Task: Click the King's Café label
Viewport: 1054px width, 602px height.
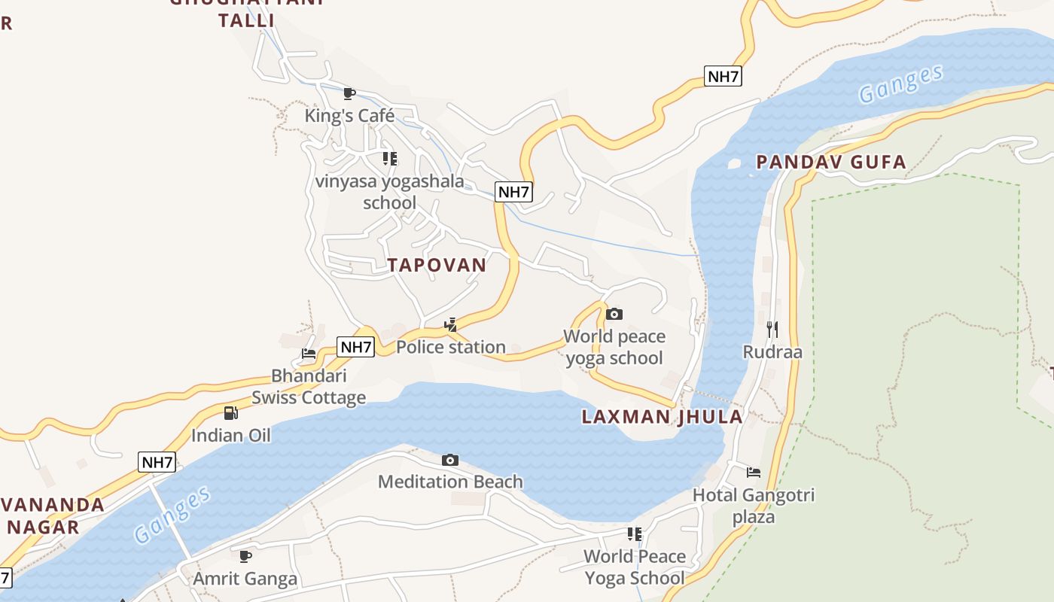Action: coord(349,115)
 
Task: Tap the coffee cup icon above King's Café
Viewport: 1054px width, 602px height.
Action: coord(349,93)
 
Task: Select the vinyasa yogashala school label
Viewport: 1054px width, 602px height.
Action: coord(389,192)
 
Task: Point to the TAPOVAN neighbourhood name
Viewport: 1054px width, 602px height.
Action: coord(437,265)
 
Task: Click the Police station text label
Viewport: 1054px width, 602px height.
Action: coord(450,347)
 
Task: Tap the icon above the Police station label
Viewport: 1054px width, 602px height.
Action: coord(450,325)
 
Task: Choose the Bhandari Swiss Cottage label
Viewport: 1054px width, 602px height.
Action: coord(309,387)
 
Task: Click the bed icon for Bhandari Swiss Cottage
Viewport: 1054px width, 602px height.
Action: coord(309,353)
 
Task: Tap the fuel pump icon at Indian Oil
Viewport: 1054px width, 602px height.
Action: coord(230,412)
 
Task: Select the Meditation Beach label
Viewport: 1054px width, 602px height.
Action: coord(450,482)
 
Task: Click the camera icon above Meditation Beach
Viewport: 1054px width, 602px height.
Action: coord(449,460)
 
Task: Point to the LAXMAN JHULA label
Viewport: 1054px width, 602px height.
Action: coord(662,417)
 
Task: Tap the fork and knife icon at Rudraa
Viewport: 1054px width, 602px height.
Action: coord(772,329)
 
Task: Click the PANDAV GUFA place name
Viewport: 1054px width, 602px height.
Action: coord(831,162)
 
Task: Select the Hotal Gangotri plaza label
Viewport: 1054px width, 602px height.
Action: coord(753,506)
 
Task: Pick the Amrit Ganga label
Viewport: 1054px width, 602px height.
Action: coord(245,579)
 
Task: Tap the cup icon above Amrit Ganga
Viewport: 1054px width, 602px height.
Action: coord(245,556)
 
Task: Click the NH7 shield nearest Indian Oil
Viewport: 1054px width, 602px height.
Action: coord(157,462)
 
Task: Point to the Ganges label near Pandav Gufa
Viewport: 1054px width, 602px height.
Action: coord(900,84)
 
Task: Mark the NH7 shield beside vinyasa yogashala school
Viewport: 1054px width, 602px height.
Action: coord(513,192)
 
